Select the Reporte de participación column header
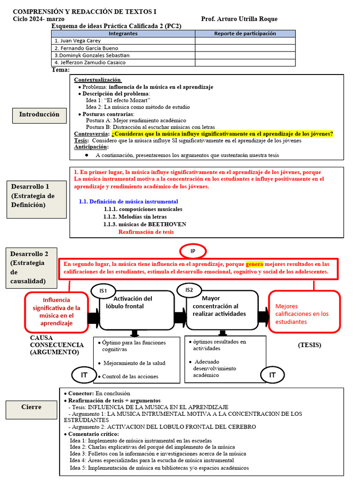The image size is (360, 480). pyautogui.click(x=245, y=33)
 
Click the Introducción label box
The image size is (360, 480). pyautogui.click(x=39, y=114)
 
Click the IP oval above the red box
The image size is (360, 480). pyautogui.click(x=193, y=251)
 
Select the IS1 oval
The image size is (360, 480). pyautogui.click(x=104, y=291)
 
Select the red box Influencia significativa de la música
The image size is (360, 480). pyautogui.click(x=56, y=311)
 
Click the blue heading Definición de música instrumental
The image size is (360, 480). pyautogui.click(x=128, y=202)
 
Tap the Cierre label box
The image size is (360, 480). pyautogui.click(x=31, y=407)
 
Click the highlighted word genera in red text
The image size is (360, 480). pyautogui.click(x=255, y=264)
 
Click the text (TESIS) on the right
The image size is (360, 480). pyautogui.click(x=309, y=345)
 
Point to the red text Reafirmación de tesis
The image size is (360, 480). pyautogui.click(x=146, y=232)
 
